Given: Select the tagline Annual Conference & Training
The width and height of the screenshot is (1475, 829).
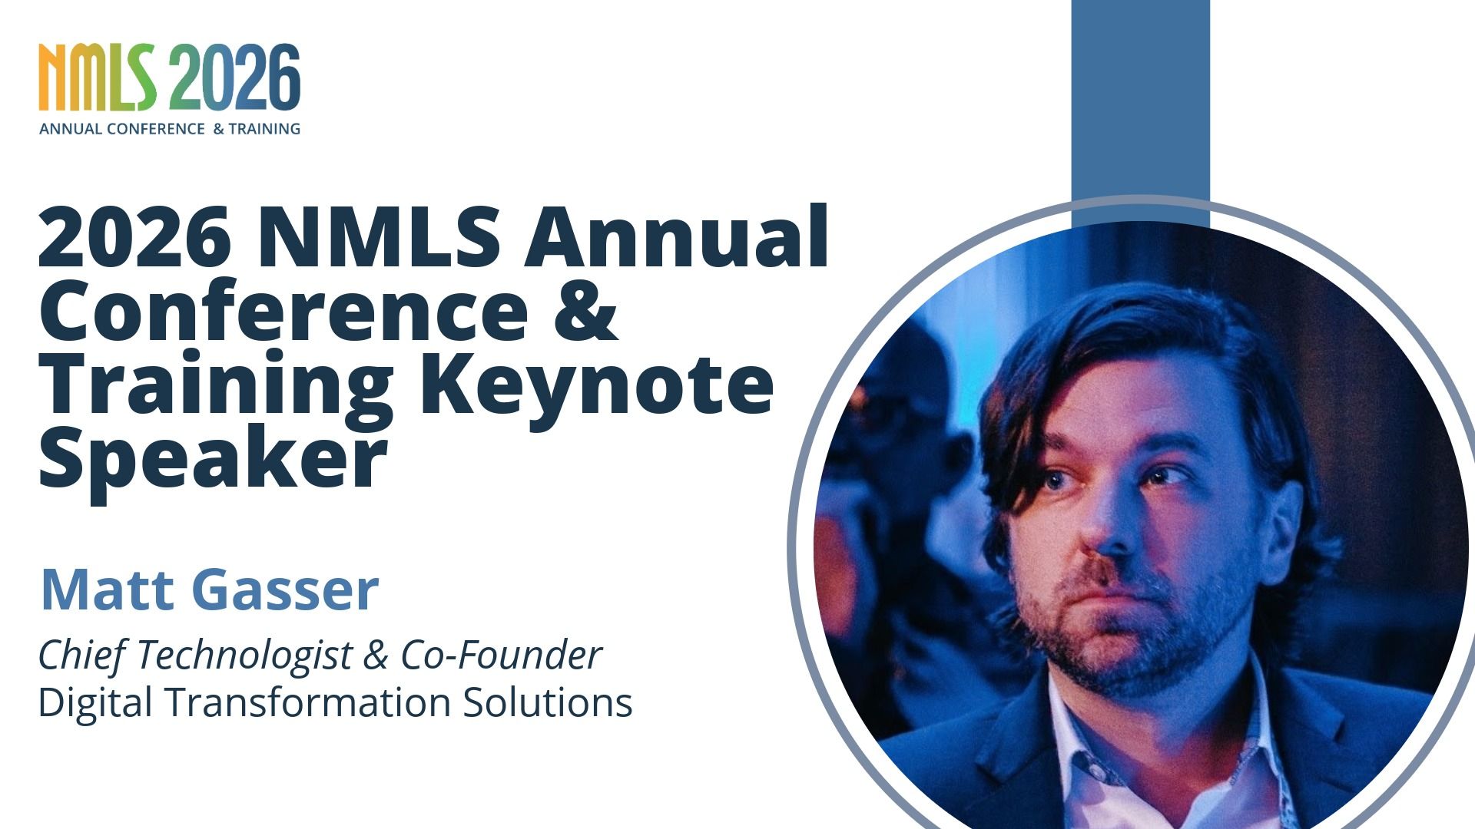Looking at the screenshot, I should coord(170,129).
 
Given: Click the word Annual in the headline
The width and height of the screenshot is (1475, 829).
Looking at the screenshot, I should coord(676,238).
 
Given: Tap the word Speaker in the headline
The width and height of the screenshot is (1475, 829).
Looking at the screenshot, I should coord(212,457).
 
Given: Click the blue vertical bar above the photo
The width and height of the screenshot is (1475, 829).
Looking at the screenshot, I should coord(1140,100).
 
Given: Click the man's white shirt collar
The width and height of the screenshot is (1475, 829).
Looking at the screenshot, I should coord(1076,737).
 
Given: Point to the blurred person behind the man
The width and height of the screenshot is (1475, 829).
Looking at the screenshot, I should coord(899,461).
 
